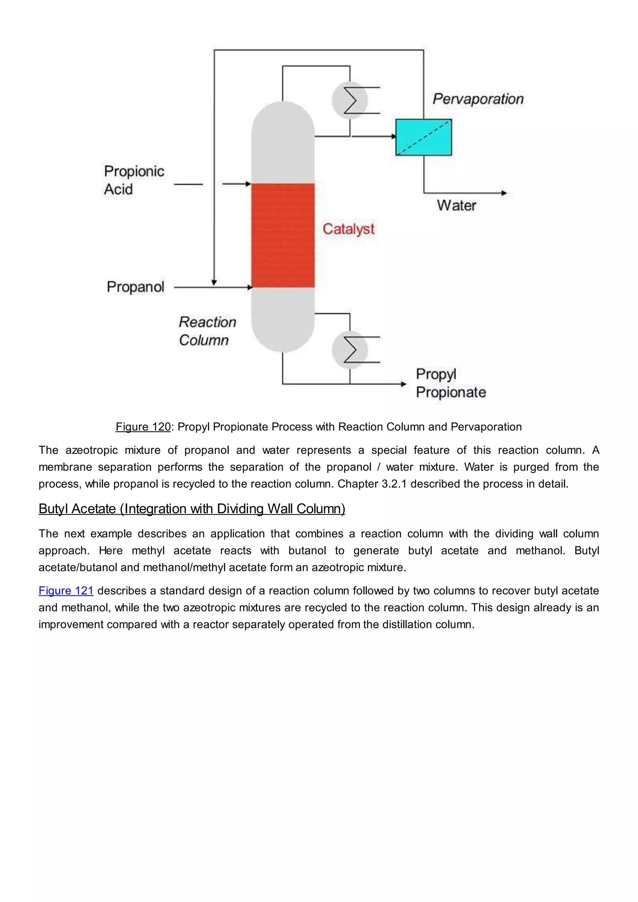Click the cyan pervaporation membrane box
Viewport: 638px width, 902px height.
[423, 137]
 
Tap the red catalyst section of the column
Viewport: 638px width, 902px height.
[283, 235]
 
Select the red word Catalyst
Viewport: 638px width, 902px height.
[349, 229]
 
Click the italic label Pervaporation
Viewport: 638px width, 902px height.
[478, 99]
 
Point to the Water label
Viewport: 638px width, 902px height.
[456, 206]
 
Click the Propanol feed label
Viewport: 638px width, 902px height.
[136, 287]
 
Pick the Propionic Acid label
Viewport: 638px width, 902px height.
[134, 180]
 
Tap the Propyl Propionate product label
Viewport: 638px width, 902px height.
[450, 383]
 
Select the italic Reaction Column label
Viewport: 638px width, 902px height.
[207, 331]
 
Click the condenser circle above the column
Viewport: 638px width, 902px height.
[349, 100]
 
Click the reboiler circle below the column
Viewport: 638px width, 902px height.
[349, 350]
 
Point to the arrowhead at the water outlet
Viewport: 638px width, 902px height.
[504, 193]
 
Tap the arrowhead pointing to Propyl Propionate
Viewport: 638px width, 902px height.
[403, 384]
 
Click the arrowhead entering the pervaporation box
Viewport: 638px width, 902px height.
[393, 136]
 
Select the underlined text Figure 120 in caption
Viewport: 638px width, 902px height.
[143, 427]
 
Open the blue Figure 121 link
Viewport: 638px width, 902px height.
[66, 591]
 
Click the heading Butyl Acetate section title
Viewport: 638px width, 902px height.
[192, 509]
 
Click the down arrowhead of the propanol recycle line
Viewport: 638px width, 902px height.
[214, 282]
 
